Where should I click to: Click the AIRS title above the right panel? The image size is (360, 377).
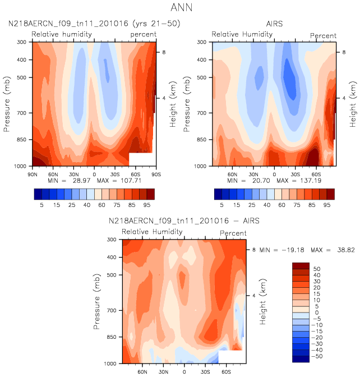pos(274,24)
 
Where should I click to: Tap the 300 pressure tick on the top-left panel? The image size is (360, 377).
pos(23,42)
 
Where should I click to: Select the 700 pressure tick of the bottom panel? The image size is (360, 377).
pos(113,310)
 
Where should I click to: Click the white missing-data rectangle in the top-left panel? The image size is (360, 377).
pos(140,159)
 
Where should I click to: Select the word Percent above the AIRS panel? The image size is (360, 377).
pos(324,35)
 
